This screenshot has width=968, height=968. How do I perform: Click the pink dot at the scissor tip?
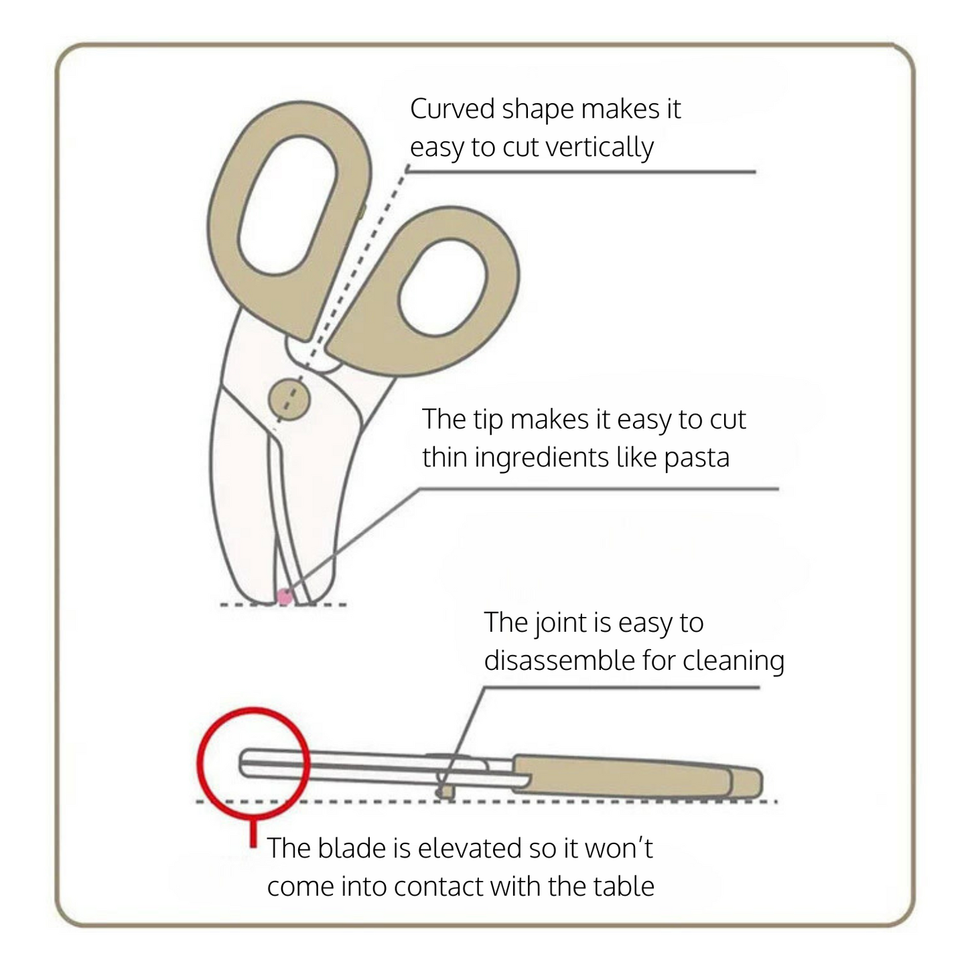click(285, 596)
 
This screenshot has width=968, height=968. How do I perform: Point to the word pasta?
click(697, 458)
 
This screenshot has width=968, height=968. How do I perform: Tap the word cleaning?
click(734, 662)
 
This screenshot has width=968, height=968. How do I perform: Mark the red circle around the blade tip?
click(253, 764)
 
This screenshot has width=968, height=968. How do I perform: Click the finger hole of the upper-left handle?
click(288, 206)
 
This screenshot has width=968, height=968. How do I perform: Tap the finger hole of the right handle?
click(442, 288)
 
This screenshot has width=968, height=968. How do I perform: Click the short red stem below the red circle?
click(254, 833)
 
